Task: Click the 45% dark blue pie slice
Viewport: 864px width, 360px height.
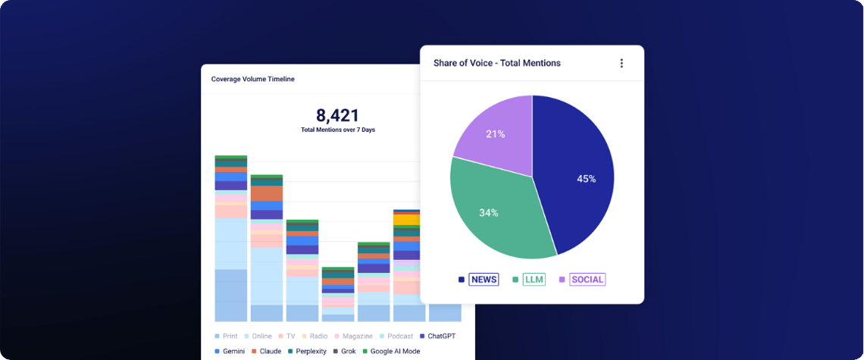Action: point(578,177)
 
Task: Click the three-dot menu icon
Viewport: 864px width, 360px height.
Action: point(621,64)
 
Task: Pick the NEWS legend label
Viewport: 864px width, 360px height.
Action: point(484,280)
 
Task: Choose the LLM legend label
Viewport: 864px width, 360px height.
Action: point(534,280)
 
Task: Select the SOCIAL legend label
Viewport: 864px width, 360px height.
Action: point(587,280)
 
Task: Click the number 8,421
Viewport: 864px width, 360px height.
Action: point(337,115)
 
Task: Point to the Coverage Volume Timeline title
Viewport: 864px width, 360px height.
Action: point(253,79)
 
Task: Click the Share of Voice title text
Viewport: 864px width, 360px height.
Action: point(497,63)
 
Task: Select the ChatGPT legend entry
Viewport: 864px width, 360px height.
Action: point(437,337)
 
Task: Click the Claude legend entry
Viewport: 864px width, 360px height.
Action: point(266,351)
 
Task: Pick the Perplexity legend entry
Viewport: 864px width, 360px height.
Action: point(308,351)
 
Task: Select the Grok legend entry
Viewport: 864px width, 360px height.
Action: point(345,351)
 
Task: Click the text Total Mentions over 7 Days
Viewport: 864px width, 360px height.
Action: point(338,130)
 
